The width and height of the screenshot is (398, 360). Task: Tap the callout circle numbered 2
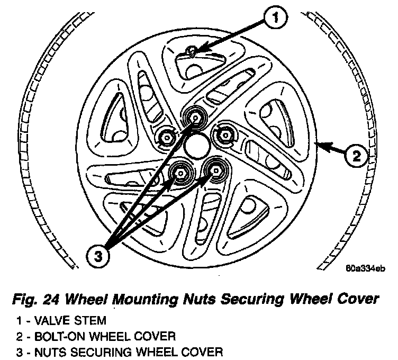click(x=357, y=156)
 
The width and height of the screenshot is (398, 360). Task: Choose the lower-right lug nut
click(x=215, y=169)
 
